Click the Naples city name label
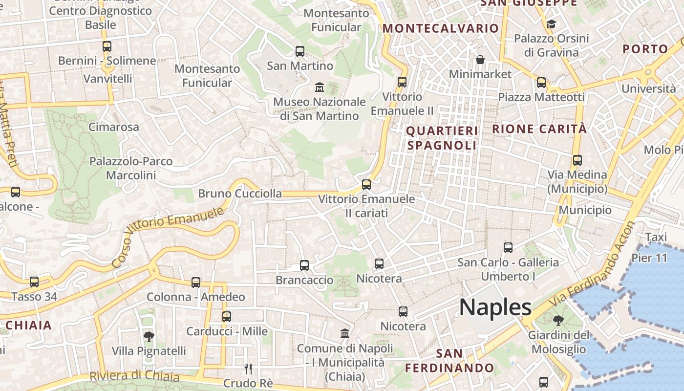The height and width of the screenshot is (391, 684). [495, 307]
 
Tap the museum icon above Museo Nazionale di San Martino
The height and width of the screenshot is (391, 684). [320, 87]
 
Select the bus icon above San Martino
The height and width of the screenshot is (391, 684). [300, 51]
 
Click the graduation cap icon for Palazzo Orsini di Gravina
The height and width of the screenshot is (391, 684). [551, 24]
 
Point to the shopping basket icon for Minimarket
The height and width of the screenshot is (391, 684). [480, 60]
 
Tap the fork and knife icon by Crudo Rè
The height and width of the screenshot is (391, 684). [248, 369]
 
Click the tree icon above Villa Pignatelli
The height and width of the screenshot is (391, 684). [149, 336]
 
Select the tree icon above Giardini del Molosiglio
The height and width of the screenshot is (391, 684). [558, 321]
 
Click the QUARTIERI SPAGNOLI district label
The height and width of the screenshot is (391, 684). [442, 138]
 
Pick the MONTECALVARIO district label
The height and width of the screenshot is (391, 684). [440, 28]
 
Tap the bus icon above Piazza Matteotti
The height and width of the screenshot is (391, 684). [541, 83]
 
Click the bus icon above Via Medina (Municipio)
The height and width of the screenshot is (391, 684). [577, 160]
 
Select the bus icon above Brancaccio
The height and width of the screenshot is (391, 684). [304, 265]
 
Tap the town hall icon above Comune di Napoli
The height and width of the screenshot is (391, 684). [345, 334]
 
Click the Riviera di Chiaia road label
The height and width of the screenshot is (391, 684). [134, 376]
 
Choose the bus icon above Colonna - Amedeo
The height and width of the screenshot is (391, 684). [196, 282]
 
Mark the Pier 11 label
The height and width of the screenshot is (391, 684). [649, 258]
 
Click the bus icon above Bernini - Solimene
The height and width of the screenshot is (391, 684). [107, 46]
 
